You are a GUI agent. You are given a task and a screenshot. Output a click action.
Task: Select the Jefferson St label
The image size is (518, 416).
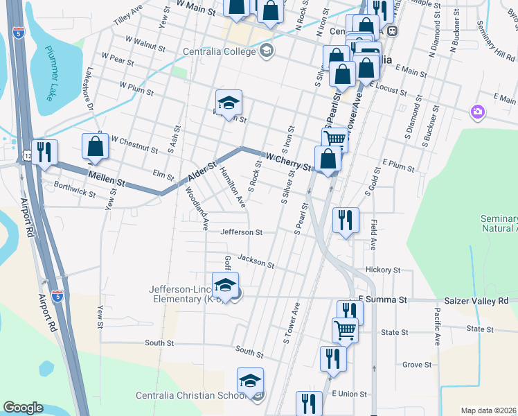click(x=242, y=233)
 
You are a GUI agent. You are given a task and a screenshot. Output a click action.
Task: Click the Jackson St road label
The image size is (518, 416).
click(x=256, y=261)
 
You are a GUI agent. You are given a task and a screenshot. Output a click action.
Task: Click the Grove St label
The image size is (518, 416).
click(x=417, y=365)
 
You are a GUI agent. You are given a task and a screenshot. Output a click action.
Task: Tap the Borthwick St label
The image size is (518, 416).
click(x=75, y=191)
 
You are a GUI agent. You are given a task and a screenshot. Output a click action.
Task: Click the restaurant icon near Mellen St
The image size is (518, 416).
click(x=44, y=152)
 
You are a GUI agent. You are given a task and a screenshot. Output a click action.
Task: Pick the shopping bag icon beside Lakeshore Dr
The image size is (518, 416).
click(x=96, y=147)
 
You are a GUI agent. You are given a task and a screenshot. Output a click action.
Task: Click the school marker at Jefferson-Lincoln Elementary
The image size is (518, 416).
click(x=225, y=284)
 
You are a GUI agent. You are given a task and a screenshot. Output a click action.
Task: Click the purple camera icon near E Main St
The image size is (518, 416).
click(x=477, y=112)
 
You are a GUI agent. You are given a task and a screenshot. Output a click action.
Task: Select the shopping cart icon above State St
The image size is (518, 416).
click(x=345, y=330)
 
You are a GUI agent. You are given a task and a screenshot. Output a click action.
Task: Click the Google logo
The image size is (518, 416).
click(x=23, y=408)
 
